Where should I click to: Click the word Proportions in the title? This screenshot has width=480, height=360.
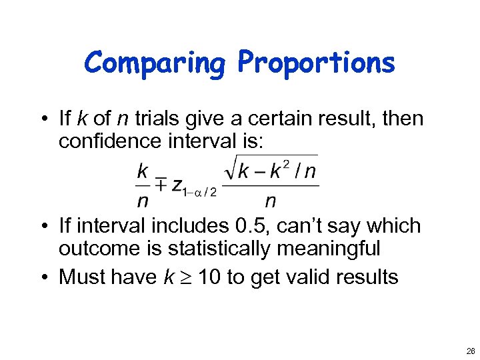(x=316, y=63)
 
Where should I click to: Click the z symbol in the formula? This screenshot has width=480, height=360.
(x=177, y=187)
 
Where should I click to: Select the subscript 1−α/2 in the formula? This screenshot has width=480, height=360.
(x=200, y=192)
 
